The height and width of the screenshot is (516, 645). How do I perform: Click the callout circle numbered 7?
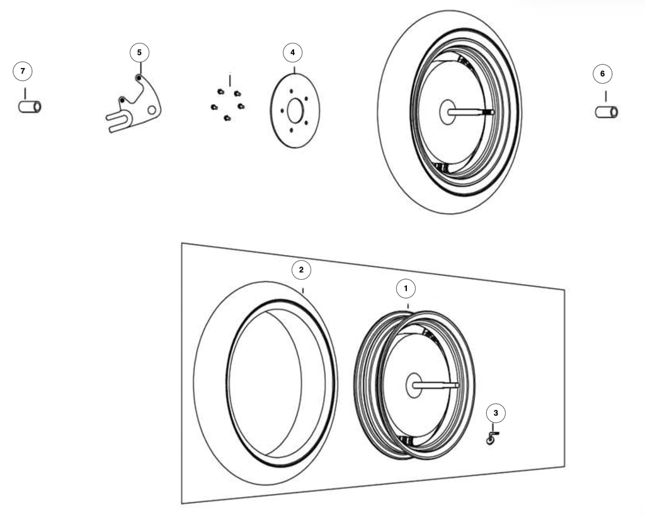click(23, 71)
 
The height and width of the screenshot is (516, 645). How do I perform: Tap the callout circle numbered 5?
click(139, 53)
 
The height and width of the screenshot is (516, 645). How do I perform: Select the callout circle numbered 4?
click(292, 53)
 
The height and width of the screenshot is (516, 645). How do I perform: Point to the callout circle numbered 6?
click(603, 74)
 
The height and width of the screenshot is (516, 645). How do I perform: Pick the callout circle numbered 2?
click(301, 270)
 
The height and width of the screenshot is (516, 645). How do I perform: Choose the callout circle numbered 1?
click(406, 289)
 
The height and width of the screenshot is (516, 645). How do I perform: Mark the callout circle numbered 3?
click(496, 413)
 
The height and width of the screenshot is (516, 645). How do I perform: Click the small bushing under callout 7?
click(30, 107)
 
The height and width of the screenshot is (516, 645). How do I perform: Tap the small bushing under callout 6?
click(607, 112)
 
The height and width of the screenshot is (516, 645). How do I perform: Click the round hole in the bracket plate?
click(152, 110)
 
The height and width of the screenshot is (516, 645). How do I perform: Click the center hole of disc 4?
click(295, 111)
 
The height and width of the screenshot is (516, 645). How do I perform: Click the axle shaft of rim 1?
click(436, 385)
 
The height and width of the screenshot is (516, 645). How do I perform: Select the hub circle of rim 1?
click(413, 385)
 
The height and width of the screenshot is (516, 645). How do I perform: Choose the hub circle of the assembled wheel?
click(448, 112)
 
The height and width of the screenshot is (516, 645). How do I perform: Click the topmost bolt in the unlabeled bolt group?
click(220, 91)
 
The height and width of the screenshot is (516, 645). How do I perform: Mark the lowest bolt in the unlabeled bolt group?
click(227, 118)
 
